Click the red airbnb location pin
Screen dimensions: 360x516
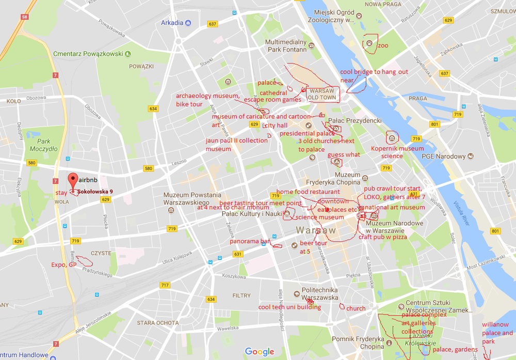(73, 180)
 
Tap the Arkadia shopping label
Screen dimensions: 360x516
(172, 23)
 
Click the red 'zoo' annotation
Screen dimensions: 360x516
(383, 45)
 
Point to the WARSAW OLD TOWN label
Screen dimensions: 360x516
(322, 94)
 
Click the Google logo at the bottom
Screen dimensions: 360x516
(260, 352)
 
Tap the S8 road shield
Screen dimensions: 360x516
(24, 17)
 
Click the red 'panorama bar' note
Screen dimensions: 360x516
(250, 241)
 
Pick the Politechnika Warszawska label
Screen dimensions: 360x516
(320, 294)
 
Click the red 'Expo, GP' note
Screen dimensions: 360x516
(64, 265)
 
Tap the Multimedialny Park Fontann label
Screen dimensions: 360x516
(286, 45)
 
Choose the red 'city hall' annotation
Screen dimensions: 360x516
(276, 126)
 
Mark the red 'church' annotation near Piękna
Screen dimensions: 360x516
(356, 308)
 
